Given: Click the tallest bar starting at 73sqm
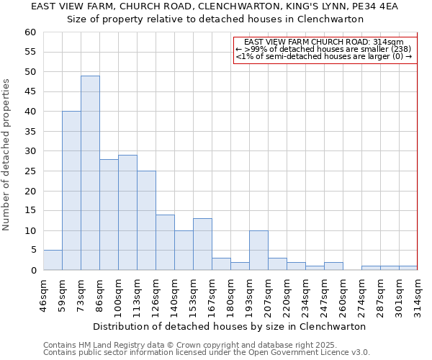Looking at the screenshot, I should [x=90, y=173].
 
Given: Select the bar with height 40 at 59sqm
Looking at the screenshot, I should [x=71, y=191].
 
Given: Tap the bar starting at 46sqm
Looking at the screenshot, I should [x=53, y=260].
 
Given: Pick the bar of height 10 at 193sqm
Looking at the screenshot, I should [x=258, y=250].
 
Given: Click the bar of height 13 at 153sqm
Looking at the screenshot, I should [x=202, y=244].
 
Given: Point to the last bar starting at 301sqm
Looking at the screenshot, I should [x=408, y=268].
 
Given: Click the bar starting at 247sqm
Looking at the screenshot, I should [x=333, y=266].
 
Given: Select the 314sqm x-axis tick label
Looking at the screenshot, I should [x=418, y=295].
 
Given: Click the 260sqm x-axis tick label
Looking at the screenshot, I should [x=343, y=295].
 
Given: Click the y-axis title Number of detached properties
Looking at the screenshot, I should [x=7, y=155].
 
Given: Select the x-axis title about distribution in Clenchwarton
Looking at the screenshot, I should [x=230, y=326].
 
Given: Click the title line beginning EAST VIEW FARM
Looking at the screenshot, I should [x=215, y=6].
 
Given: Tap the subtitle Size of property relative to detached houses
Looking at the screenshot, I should [x=215, y=19].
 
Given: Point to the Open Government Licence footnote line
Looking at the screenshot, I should [x=207, y=352].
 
